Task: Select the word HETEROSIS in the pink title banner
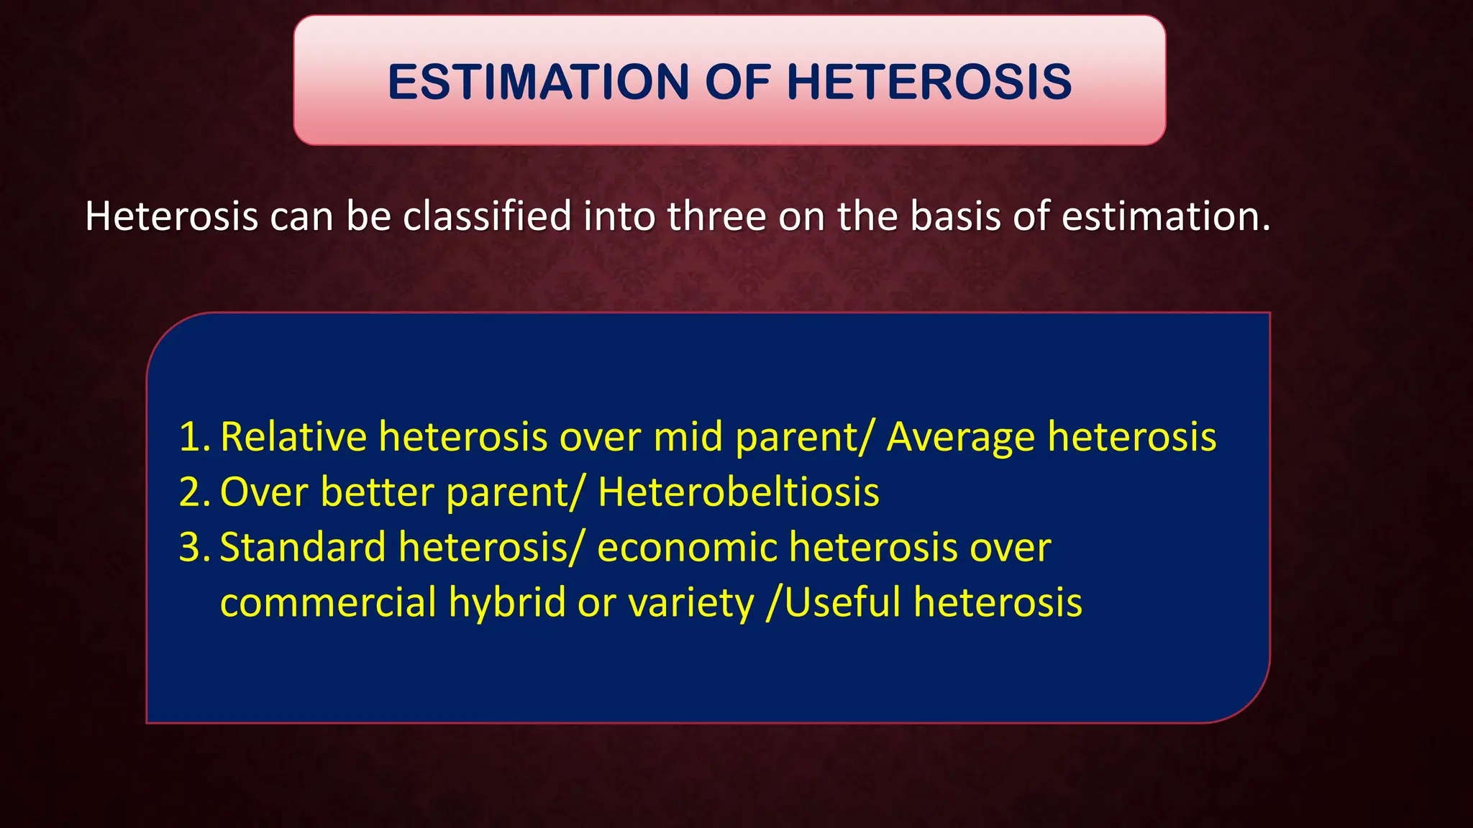click(929, 81)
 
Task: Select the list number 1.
click(194, 437)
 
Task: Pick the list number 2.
click(194, 492)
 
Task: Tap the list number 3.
click(194, 548)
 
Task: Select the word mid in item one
click(688, 436)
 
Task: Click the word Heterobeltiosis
click(739, 492)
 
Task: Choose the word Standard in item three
click(303, 546)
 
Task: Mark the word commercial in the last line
click(329, 602)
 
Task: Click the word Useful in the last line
click(842, 602)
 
